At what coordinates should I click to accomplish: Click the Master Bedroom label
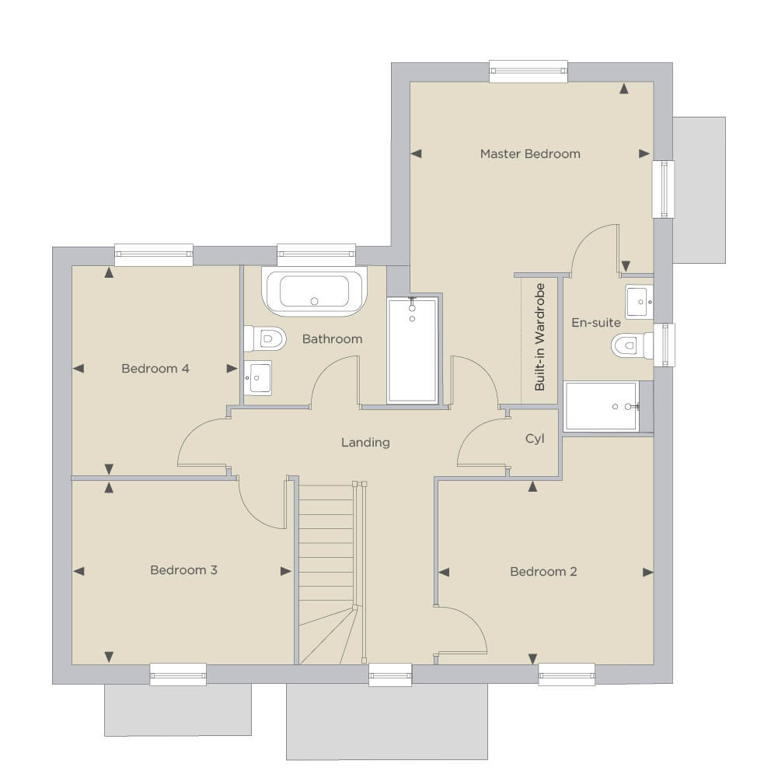pos(530,154)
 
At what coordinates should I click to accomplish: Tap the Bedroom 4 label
pos(155,369)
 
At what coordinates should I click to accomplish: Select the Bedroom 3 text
pos(183,569)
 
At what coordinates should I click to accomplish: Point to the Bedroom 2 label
pos(543,572)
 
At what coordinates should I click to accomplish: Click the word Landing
pos(365,443)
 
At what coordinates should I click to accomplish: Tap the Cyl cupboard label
pos(535,439)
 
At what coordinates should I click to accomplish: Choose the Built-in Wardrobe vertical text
pos(540,337)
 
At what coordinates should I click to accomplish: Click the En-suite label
pos(596,323)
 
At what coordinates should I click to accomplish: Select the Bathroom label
pos(332,339)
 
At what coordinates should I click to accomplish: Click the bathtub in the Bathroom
pos(315,292)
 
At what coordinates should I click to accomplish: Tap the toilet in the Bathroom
pos(265,338)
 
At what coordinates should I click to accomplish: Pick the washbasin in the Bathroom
pos(258,378)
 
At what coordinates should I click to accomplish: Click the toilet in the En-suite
pos(632,345)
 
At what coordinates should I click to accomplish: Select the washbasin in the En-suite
pos(639,302)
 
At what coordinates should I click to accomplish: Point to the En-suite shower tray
pos(602,406)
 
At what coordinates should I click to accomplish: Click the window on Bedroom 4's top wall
pos(154,255)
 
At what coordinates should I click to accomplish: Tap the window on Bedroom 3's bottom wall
pos(178,675)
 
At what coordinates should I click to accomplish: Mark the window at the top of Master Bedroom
pos(529,71)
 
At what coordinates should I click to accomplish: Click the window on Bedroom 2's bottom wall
pos(567,675)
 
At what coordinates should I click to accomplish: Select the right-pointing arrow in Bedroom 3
pos(286,571)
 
